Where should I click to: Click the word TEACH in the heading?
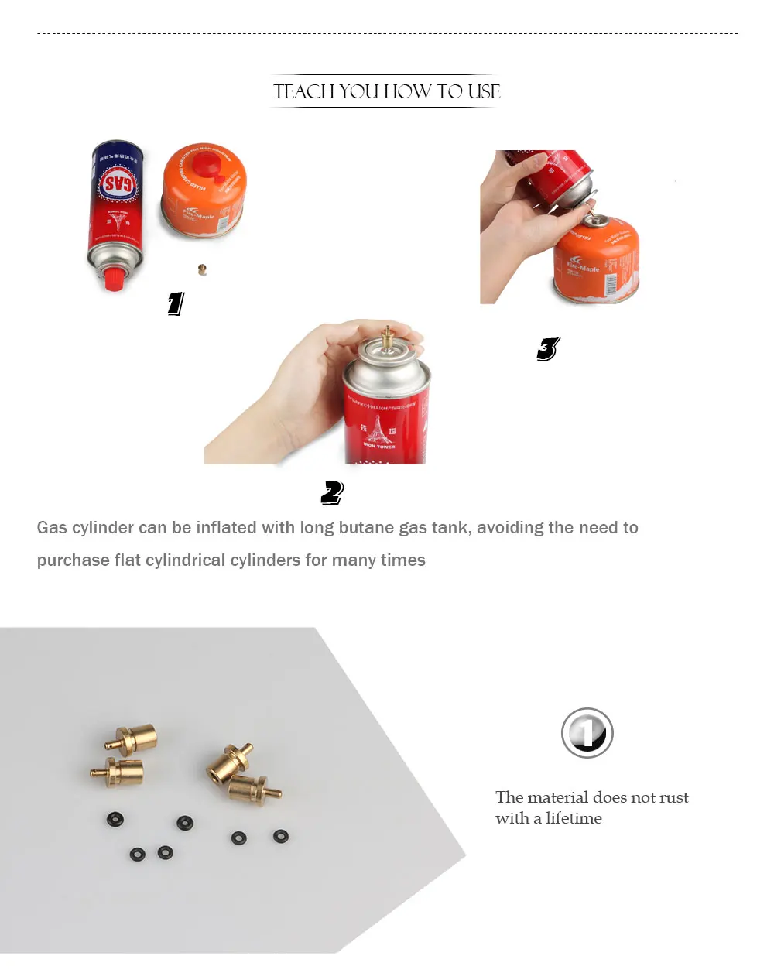tap(304, 91)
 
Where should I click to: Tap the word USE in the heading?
tap(484, 91)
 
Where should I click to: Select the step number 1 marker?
tap(176, 303)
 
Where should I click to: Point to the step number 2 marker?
tap(332, 493)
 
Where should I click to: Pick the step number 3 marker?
tap(548, 349)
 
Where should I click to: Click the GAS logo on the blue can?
tap(118, 184)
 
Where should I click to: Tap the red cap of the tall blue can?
tap(114, 279)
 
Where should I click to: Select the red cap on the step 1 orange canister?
tap(207, 164)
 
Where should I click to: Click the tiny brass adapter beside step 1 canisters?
tap(202, 269)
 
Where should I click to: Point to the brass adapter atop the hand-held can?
tap(388, 338)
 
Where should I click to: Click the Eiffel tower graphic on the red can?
tap(378, 430)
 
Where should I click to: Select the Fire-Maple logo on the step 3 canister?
tap(583, 266)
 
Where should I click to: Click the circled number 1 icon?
tap(587, 733)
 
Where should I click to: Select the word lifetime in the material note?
tap(574, 818)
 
